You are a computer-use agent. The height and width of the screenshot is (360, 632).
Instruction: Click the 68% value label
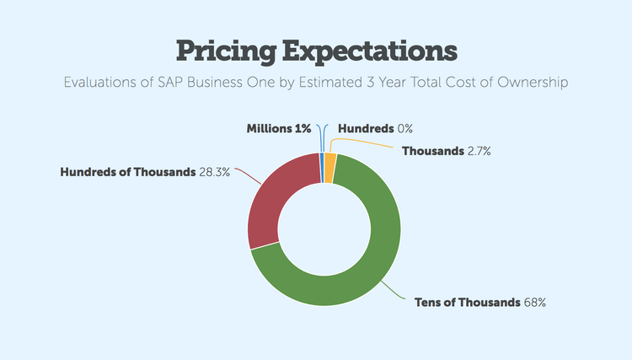pyautogui.click(x=535, y=302)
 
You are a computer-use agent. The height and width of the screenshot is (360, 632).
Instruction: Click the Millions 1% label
pyautogui.click(x=278, y=129)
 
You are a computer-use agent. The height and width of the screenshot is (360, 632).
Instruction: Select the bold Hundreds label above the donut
pyautogui.click(x=366, y=129)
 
